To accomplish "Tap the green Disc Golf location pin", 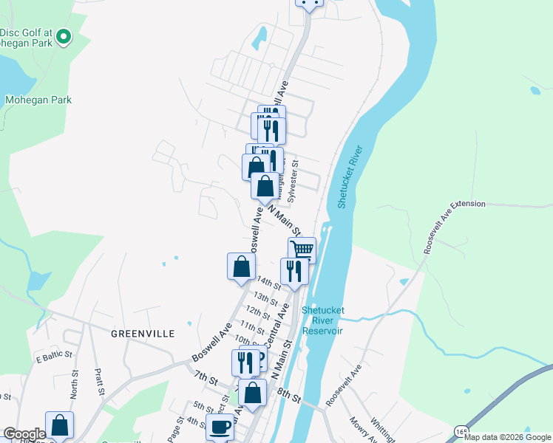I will point(64,35).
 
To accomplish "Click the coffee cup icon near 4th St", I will point(220,427).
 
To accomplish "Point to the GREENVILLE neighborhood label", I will point(143,334).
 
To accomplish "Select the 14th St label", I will point(268,282).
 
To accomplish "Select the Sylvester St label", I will point(293,182).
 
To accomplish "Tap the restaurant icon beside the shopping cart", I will point(294,271).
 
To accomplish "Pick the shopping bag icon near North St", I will point(59,425).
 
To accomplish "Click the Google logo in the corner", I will point(24,434).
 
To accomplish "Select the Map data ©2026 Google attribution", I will point(507,437).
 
